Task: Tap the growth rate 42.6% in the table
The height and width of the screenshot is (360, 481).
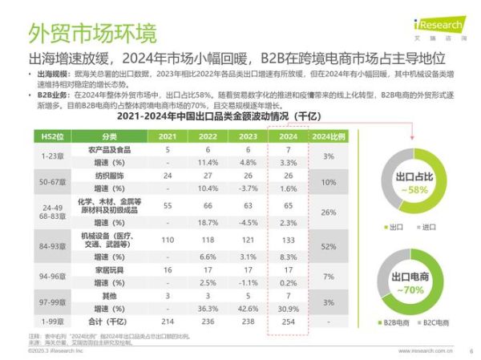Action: [x=247, y=308]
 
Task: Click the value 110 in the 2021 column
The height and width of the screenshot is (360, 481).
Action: [x=168, y=240]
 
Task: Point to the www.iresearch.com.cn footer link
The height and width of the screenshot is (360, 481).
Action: [x=426, y=351]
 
